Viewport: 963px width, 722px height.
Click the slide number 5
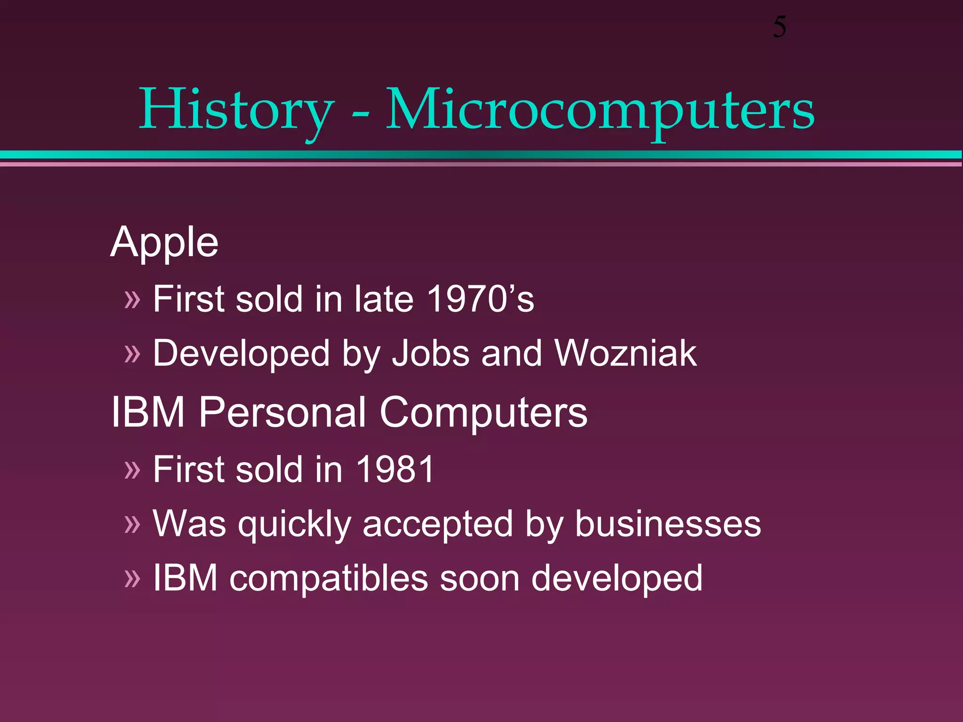click(x=779, y=27)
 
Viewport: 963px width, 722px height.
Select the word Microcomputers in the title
click(x=600, y=110)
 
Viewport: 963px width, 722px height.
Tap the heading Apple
click(x=164, y=243)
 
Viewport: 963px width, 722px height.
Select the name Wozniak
click(x=625, y=353)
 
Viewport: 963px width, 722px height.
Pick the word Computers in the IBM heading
click(x=483, y=412)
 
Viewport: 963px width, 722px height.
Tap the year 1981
click(x=395, y=469)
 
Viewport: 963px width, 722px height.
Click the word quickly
click(x=295, y=524)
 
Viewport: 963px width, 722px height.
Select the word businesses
click(x=668, y=524)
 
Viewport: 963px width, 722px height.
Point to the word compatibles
click(x=329, y=578)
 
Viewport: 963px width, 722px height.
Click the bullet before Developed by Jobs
click(x=132, y=354)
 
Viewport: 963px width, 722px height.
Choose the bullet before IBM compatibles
click(x=132, y=579)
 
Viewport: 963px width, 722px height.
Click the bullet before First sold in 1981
click(x=132, y=470)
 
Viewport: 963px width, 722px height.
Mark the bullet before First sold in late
click(x=132, y=299)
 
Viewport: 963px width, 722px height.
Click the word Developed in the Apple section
click(x=241, y=354)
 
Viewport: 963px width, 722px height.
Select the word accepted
click(x=438, y=524)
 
